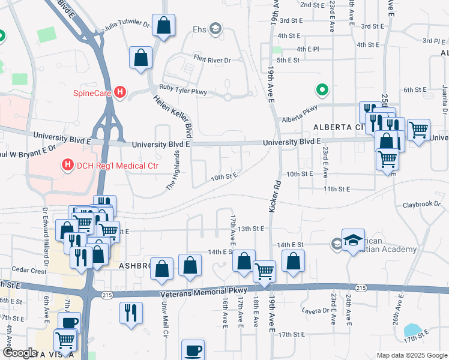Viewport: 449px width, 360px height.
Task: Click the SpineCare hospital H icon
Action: coord(120,92)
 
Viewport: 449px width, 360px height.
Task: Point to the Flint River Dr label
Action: coord(212,60)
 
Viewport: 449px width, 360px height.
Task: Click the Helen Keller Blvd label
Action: coord(172,116)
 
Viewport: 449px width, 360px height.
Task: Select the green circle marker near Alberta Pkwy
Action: coord(322,91)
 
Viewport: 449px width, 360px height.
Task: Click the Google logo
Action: coord(19,353)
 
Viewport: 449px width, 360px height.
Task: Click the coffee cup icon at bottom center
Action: coord(193,350)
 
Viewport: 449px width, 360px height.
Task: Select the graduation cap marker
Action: coord(353,239)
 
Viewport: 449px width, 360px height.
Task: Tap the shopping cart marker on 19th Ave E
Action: coord(265,271)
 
